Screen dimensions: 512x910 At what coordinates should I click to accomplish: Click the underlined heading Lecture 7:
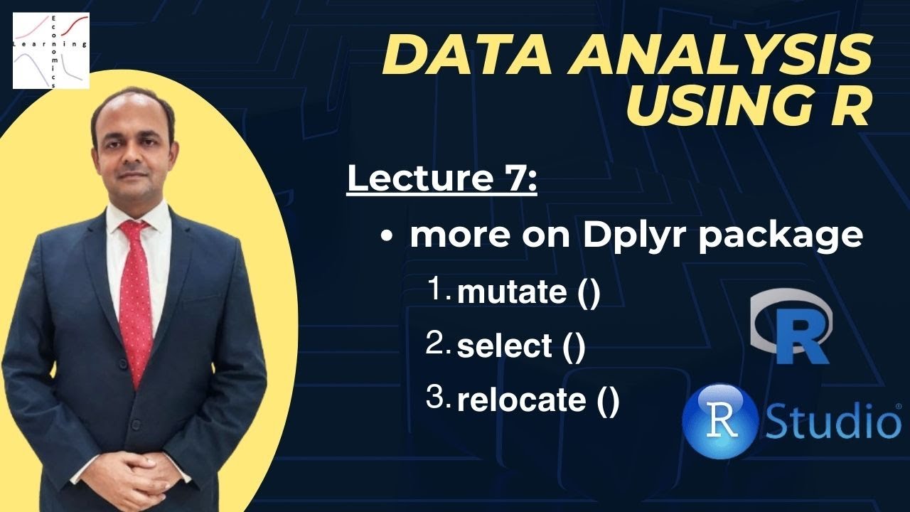pos(441,178)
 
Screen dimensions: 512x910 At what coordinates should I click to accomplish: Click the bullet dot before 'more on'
pos(387,238)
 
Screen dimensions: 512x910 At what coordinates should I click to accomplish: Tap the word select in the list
pos(505,346)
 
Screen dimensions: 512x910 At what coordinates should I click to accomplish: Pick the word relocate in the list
pos(521,400)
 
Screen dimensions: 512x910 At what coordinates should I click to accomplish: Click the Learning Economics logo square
pos(50,50)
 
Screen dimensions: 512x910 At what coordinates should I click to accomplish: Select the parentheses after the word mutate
pos(589,294)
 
